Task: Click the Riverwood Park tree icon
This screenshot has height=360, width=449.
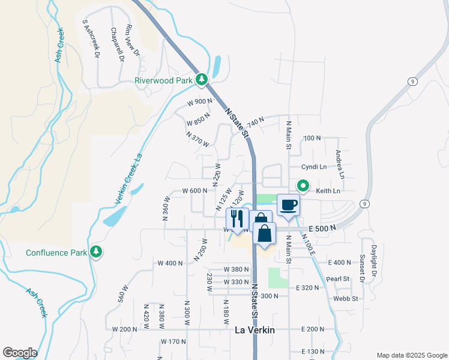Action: tap(203, 80)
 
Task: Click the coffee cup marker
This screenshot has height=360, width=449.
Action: tap(288, 205)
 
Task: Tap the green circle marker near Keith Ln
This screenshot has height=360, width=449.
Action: tap(303, 187)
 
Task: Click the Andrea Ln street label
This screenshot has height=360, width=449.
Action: tap(340, 164)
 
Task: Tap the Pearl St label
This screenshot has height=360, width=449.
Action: tap(339, 279)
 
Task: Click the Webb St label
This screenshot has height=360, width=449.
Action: tap(346, 298)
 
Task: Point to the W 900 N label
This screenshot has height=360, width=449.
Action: tap(200, 102)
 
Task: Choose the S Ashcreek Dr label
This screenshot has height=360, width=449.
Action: tap(90, 37)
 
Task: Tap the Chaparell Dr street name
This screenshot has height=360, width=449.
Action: tap(116, 44)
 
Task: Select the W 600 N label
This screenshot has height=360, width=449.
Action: tap(194, 191)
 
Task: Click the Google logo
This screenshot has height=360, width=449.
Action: tap(19, 353)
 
